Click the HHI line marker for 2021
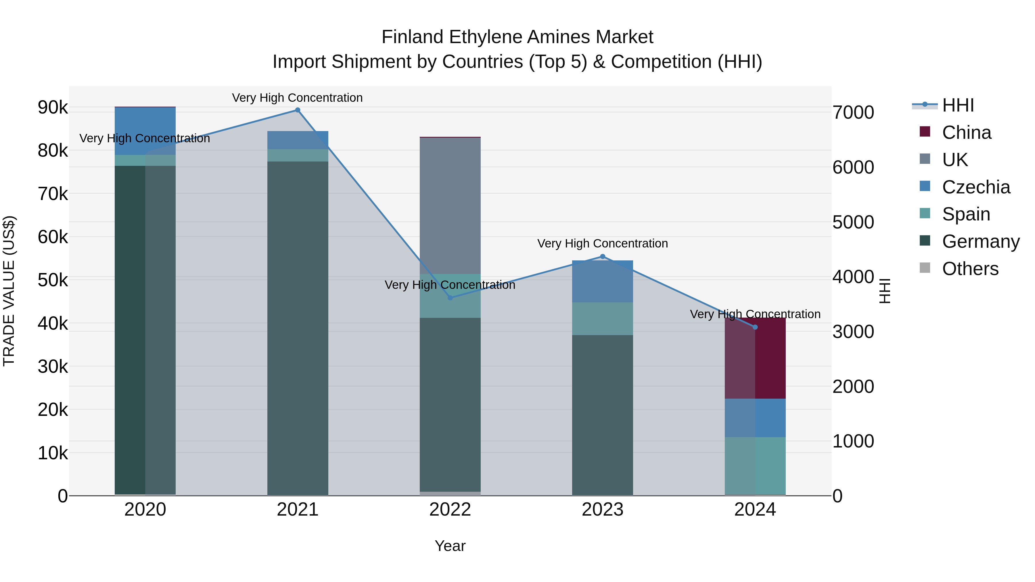297,110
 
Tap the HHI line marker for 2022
450,298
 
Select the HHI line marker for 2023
602,257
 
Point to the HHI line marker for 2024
755,327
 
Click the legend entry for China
966,132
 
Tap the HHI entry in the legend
957,105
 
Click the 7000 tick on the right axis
853,112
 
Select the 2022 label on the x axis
450,510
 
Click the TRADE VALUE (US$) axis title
9,291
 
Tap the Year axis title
450,546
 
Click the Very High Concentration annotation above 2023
602,243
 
